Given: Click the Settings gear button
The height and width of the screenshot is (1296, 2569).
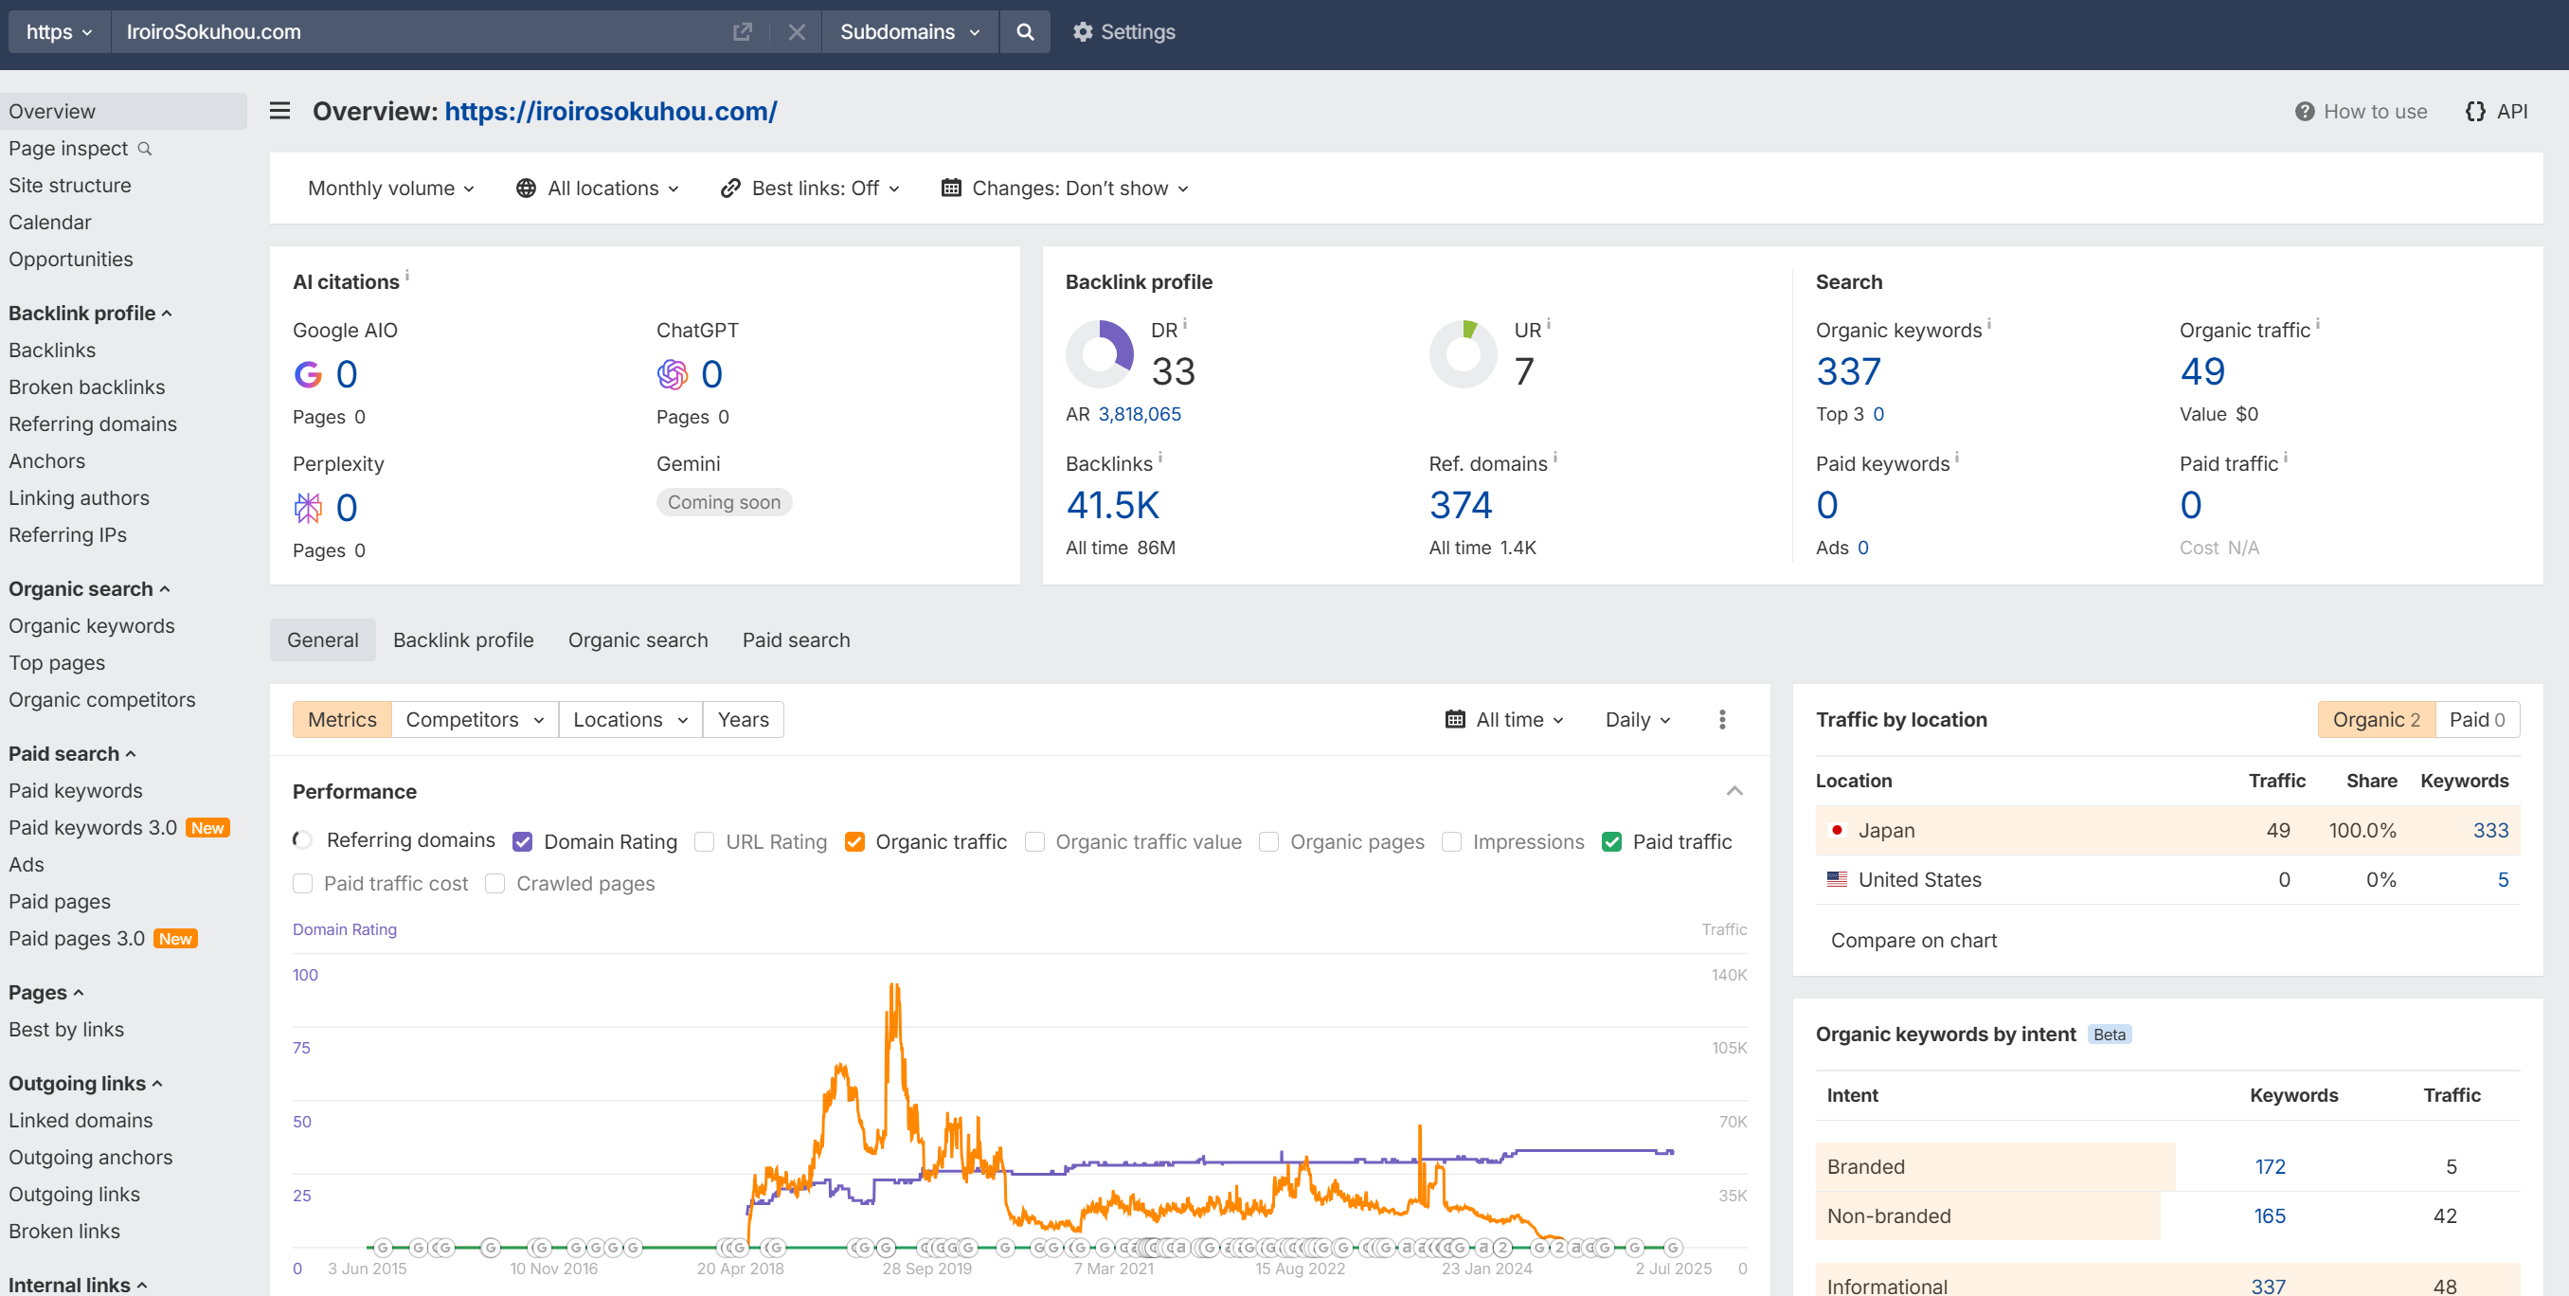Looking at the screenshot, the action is tap(1123, 32).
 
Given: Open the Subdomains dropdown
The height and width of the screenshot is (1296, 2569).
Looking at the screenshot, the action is tap(909, 32).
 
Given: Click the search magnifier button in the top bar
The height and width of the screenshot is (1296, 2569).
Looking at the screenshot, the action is tap(1024, 32).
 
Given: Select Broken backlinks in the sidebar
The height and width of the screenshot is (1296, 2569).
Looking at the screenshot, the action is tap(87, 387).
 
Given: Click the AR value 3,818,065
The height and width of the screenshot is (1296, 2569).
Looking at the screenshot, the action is tap(1139, 414).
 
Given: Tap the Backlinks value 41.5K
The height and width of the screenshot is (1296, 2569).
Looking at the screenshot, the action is tap(1112, 505).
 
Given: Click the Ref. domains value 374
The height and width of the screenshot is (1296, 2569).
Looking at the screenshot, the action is tap(1460, 505).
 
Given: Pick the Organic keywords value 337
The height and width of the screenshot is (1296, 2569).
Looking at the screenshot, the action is tap(1848, 371).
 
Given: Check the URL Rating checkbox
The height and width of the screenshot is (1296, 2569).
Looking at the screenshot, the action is tap(704, 842).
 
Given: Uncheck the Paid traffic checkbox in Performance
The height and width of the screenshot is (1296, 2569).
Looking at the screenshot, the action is tap(1610, 842).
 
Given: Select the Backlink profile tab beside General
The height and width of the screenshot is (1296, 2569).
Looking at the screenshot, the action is tap(462, 640).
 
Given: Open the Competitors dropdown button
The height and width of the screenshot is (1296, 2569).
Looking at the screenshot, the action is tap(475, 719).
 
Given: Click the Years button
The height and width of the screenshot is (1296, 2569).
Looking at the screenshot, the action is tap(743, 719).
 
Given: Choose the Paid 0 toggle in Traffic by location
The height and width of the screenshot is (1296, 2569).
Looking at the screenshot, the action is tap(2477, 719).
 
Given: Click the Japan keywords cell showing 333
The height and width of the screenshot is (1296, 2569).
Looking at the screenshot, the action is tap(2490, 830).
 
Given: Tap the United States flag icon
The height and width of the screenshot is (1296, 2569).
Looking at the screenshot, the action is tap(1836, 880).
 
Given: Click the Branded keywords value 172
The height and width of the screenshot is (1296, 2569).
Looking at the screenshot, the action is tap(2270, 1166).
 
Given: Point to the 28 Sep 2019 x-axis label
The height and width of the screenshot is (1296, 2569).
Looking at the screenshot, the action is tap(926, 1269).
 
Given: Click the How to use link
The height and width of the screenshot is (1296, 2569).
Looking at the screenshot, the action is tap(2362, 112).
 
